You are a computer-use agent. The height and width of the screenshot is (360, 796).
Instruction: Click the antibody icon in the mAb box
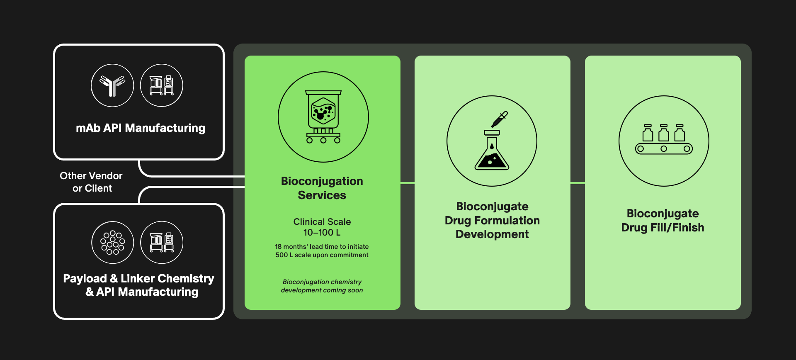112,85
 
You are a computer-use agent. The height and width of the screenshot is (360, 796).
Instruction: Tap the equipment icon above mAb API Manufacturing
162,85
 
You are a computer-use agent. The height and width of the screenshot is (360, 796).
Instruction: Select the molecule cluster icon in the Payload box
113,243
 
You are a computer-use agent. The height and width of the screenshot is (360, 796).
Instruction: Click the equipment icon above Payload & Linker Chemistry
162,243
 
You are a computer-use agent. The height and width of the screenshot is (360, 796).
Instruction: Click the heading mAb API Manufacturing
141,128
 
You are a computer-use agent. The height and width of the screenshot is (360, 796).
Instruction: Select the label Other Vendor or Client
91,182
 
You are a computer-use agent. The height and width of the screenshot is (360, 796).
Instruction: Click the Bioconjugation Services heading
322,188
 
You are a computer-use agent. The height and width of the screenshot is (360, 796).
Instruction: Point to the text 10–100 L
322,233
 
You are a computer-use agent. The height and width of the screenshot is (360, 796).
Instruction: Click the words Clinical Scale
322,222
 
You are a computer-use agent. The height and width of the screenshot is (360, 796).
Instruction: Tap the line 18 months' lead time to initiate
322,247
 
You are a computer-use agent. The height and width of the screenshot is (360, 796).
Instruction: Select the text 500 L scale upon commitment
322,255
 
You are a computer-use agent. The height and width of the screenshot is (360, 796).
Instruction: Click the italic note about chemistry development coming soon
322,286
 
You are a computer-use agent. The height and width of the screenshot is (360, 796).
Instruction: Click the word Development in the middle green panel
492,234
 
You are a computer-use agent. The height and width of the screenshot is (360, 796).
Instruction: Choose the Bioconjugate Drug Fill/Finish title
663,220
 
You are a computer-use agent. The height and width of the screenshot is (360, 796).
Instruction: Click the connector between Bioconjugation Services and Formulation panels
408,183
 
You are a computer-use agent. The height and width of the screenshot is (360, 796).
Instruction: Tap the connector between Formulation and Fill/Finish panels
578,183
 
